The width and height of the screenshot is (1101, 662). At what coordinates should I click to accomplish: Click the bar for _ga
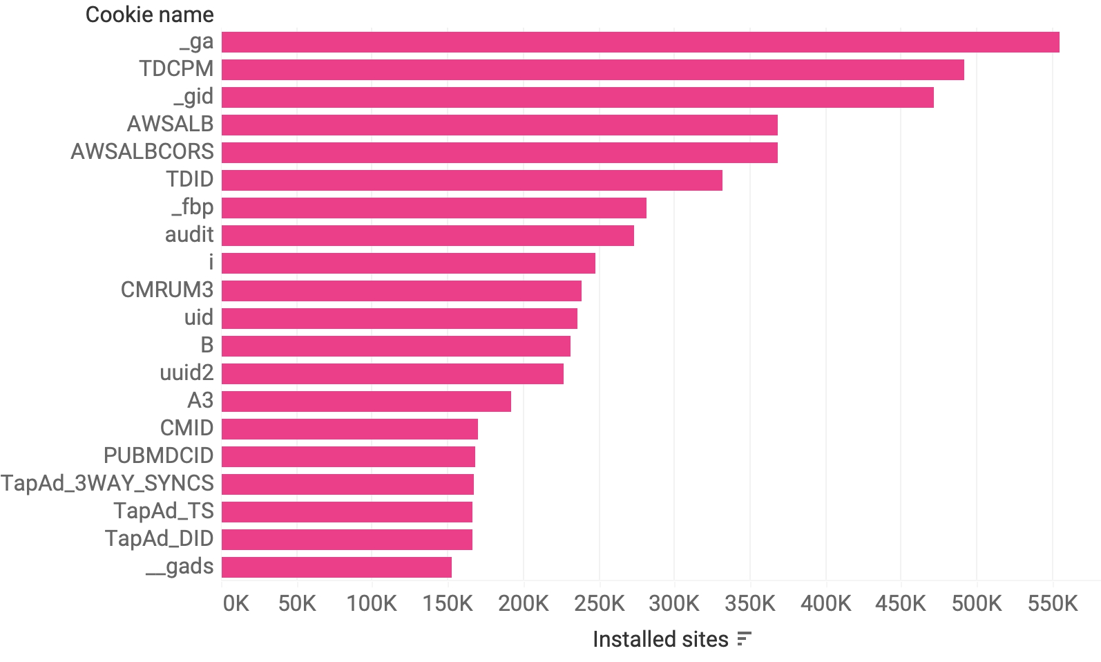(640, 42)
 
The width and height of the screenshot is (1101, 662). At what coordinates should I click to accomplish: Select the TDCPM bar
(593, 70)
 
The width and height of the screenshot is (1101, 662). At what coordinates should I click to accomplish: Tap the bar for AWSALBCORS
(499, 153)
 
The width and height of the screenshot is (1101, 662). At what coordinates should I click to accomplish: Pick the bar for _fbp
(434, 208)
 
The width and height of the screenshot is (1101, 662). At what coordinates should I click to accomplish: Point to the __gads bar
(336, 567)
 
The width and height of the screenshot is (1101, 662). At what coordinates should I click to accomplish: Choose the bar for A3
(366, 401)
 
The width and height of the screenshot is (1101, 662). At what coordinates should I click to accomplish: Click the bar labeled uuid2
(392, 374)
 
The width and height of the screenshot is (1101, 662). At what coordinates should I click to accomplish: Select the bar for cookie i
(408, 263)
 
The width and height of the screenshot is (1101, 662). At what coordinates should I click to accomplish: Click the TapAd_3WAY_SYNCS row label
(108, 484)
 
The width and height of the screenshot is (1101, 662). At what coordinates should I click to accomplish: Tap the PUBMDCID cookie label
(158, 456)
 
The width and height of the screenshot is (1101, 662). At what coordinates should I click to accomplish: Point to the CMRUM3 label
(167, 290)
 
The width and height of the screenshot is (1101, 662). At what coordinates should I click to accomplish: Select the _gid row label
(193, 97)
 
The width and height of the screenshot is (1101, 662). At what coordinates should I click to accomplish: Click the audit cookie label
(189, 235)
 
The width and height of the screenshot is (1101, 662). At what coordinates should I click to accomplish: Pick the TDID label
(190, 180)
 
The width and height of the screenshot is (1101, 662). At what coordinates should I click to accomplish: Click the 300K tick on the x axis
(674, 603)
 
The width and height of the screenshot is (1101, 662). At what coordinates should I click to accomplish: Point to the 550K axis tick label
(1052, 603)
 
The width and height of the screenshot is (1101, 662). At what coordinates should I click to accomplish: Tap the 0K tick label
(236, 603)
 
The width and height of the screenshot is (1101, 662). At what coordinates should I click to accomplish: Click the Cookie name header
(149, 15)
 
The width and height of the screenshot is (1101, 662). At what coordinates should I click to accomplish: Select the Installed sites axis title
(660, 639)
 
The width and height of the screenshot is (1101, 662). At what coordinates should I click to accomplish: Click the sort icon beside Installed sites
(744, 639)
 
